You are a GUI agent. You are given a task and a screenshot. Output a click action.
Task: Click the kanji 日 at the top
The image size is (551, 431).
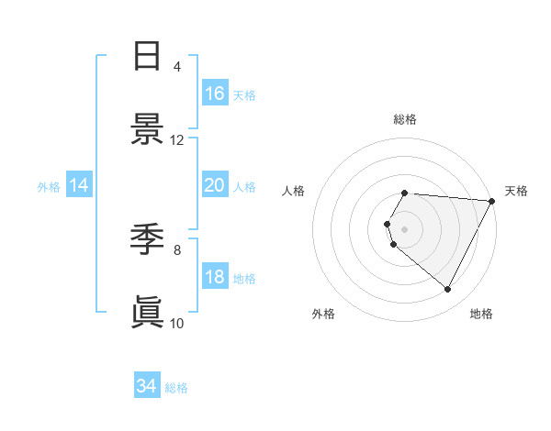(147, 57)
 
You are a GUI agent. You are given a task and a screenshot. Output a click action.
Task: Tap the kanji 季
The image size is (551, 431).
(147, 240)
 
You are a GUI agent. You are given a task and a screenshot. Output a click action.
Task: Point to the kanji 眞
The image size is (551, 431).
(147, 312)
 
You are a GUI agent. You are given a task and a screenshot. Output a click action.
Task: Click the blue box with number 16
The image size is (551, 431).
(214, 93)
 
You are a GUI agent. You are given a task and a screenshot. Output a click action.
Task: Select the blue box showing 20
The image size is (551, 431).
(214, 185)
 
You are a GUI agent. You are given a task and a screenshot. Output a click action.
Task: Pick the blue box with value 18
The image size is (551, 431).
(214, 277)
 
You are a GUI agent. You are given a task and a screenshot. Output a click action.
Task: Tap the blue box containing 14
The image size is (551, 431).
(79, 185)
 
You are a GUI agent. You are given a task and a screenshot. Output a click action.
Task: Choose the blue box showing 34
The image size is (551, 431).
(147, 386)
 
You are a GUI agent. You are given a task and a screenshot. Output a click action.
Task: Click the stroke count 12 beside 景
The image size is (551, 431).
(177, 140)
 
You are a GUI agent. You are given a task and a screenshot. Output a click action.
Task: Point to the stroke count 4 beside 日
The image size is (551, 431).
(177, 67)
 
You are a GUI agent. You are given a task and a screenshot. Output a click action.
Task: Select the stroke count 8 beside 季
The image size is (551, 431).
(177, 249)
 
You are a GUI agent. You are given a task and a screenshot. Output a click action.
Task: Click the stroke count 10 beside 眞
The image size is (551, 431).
(177, 323)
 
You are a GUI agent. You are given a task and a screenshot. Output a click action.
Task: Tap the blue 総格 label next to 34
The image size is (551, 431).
(176, 387)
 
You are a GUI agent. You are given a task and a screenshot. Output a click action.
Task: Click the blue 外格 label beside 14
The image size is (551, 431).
(49, 186)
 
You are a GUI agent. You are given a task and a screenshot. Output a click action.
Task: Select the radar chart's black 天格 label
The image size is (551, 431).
(516, 191)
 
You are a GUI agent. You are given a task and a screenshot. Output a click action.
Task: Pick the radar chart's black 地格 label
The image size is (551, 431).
(481, 314)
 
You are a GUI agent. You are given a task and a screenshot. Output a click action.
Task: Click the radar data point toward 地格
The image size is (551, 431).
(448, 290)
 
